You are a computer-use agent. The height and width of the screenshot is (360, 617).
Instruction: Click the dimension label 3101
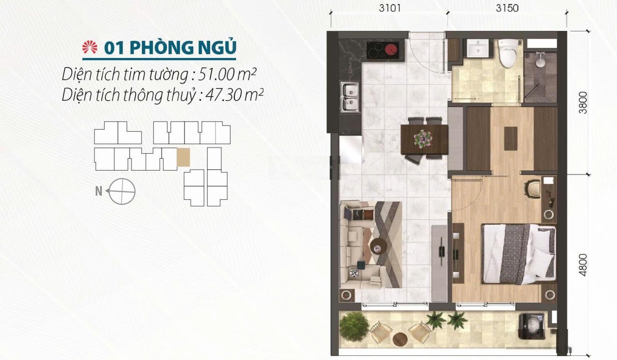[x=390, y=8]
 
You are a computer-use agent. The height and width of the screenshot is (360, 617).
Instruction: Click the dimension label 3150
[x=507, y=8]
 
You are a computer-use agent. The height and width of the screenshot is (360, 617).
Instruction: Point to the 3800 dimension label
[x=583, y=103]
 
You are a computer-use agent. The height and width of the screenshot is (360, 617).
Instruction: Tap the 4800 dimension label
[x=583, y=265]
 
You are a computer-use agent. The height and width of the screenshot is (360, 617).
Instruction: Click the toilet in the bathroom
[x=508, y=53]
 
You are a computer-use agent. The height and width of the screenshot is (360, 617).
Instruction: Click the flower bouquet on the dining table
[x=423, y=139]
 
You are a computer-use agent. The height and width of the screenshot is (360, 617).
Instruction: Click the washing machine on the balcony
[x=532, y=327]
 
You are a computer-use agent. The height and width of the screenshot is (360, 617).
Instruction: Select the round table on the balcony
[x=400, y=339]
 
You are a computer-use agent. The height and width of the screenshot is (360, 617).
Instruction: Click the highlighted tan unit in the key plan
[x=183, y=157]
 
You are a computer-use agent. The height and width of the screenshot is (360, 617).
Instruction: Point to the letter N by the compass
[x=99, y=191]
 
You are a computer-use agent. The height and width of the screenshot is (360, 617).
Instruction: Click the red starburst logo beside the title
[x=90, y=47]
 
